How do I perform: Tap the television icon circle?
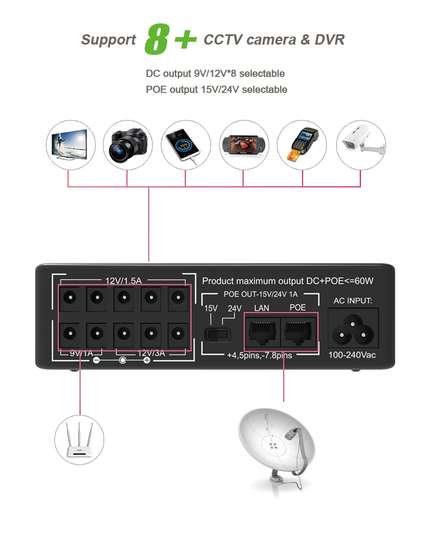pos(70,145)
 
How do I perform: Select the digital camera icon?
pos(128,145)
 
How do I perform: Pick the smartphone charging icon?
pos(185,145)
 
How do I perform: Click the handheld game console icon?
pos(244,145)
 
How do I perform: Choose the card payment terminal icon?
pos(302,145)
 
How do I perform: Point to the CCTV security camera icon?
pos(360,145)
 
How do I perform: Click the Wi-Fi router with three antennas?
pos(80,439)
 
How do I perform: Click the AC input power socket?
pos(352,329)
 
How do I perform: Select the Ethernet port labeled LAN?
pos(262,330)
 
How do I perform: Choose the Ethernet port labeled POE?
pos(298,330)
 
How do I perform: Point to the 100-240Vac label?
pos(352,355)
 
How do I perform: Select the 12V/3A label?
pos(150,353)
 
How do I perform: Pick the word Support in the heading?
pos(109,40)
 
